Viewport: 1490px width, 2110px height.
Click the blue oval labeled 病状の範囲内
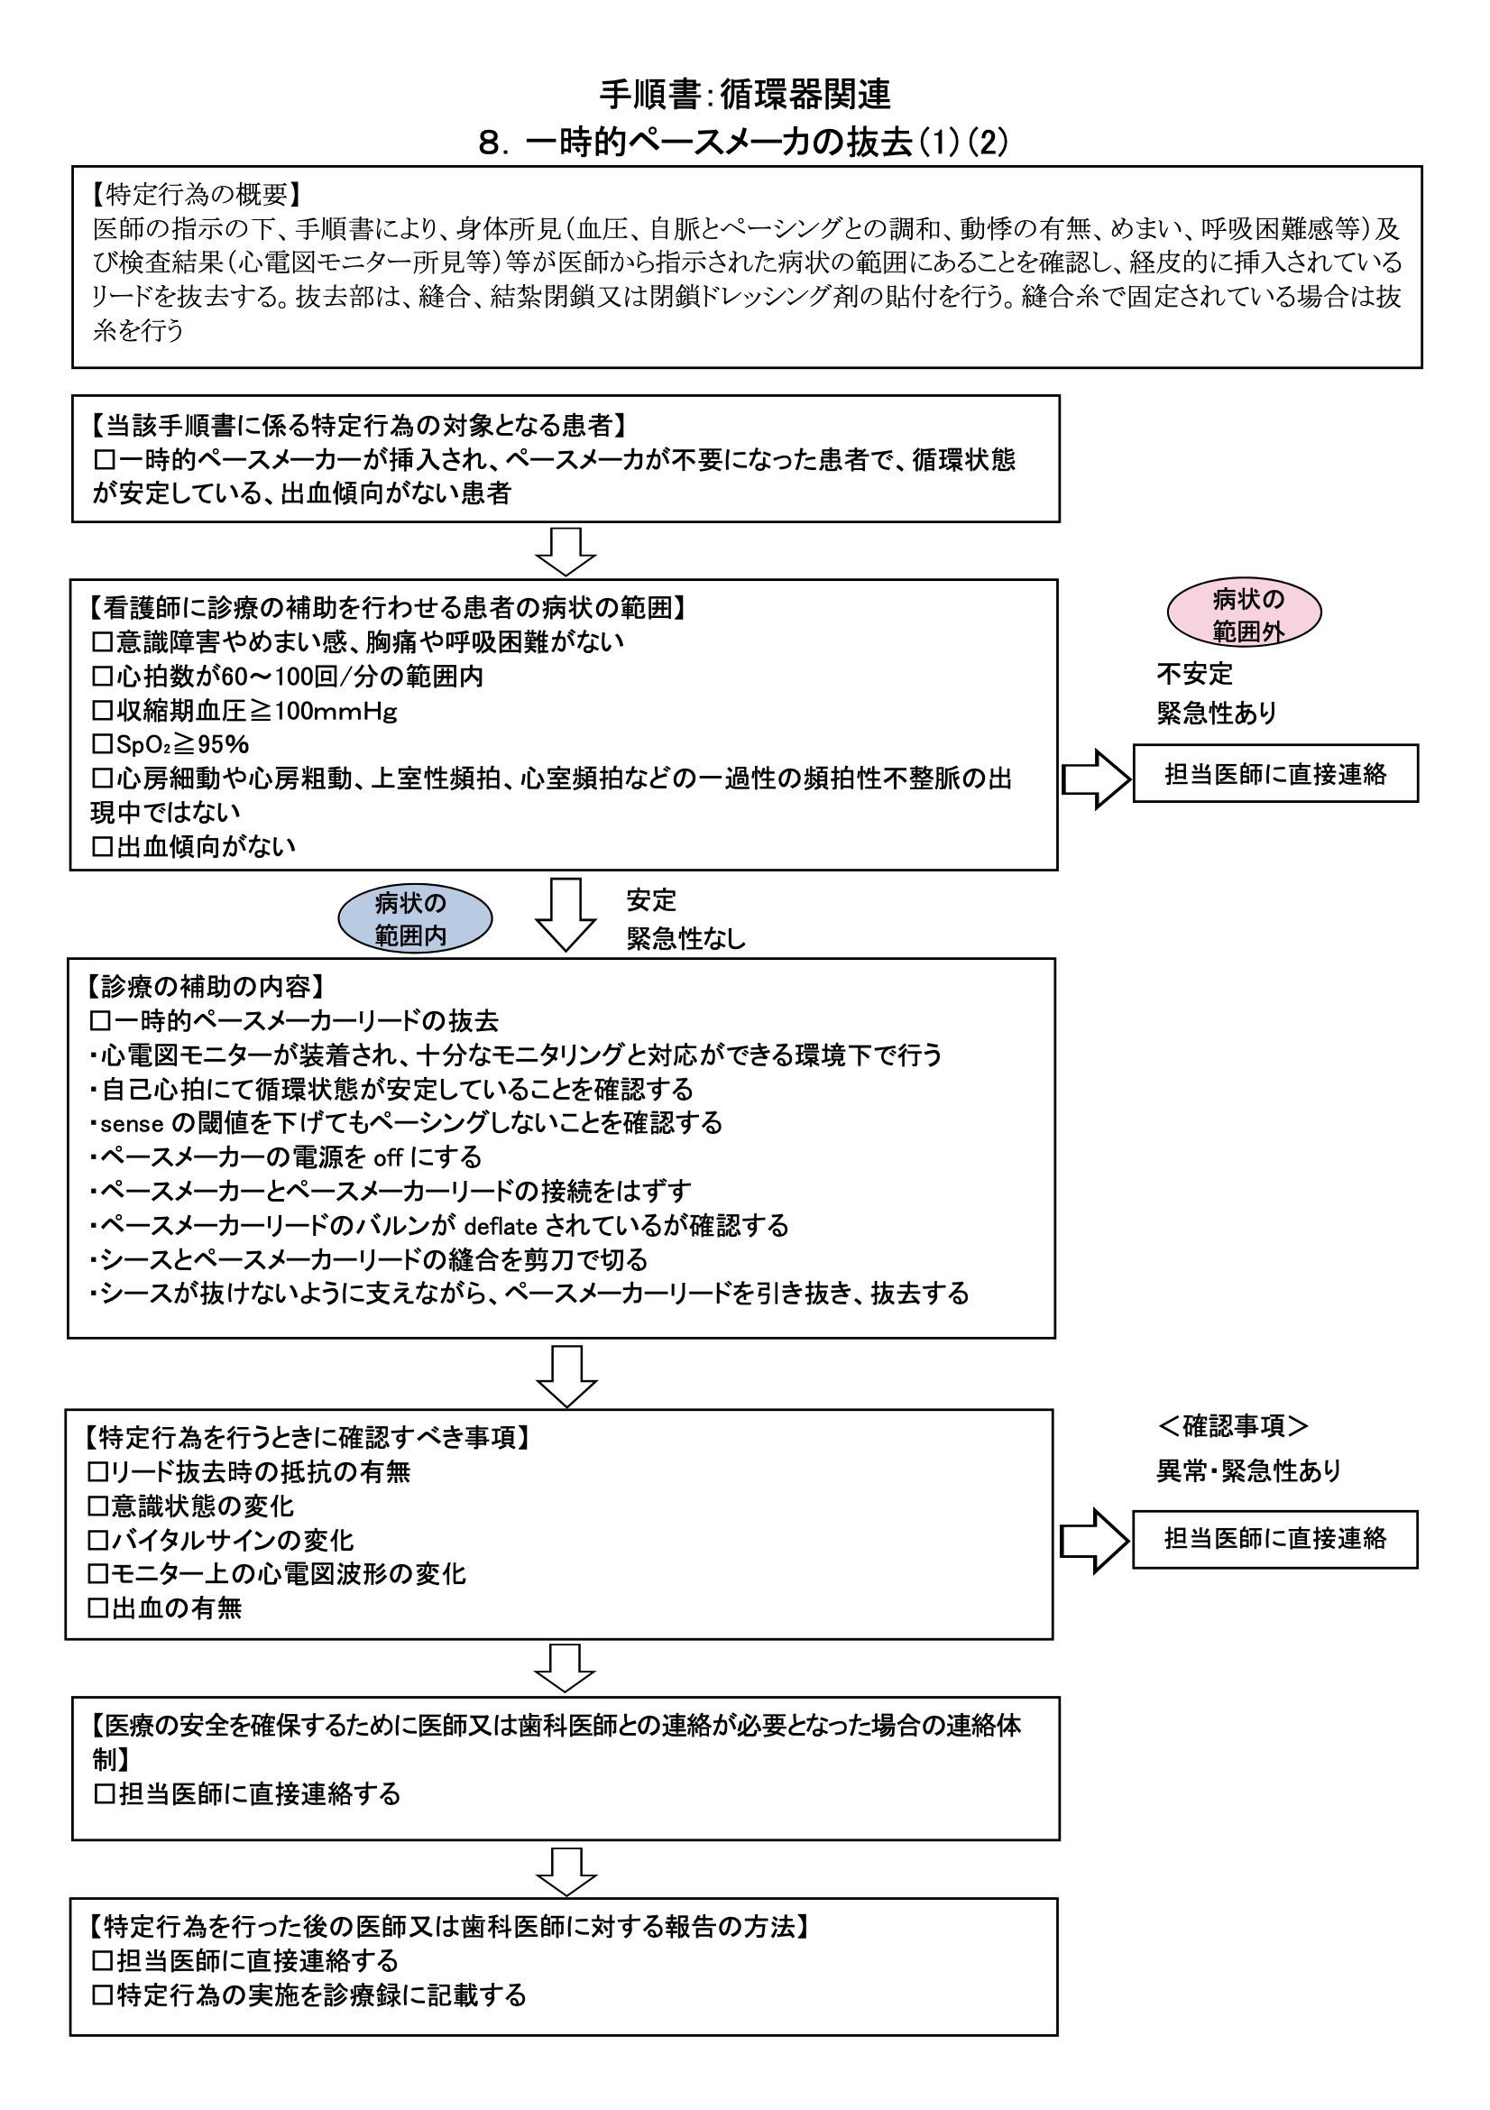[415, 918]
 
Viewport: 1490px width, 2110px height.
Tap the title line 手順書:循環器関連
[744, 94]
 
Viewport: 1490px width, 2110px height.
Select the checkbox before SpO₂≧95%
[102, 744]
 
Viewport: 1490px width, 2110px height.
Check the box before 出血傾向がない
[102, 846]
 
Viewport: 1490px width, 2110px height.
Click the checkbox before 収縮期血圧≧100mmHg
[102, 710]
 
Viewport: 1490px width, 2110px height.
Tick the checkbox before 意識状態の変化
[97, 1506]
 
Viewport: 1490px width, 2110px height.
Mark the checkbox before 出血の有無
[97, 1608]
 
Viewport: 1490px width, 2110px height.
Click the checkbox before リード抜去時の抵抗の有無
[97, 1472]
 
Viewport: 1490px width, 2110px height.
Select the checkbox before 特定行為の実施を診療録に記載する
[102, 1995]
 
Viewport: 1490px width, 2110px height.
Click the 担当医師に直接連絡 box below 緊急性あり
[1275, 775]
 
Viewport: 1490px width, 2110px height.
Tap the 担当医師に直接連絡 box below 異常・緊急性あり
[1275, 1538]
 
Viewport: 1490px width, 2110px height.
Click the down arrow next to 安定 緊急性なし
[566, 914]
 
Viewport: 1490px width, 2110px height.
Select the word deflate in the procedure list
[501, 1226]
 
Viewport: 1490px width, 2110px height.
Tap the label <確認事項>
[1233, 1426]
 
